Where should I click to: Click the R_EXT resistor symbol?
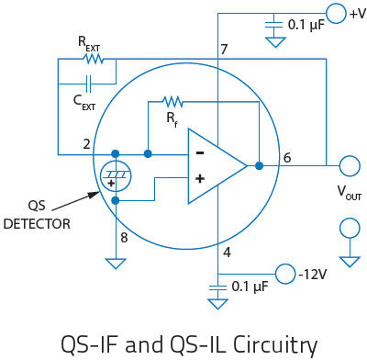pos(95,59)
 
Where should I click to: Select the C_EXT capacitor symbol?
pos(89,84)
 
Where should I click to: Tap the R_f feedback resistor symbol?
pos(172,102)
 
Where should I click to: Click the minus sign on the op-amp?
pos(200,152)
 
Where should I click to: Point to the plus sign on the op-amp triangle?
pos(200,178)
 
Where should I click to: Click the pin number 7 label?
pos(224,49)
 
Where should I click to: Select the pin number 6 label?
pos(287,158)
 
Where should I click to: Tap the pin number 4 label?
pos(227,253)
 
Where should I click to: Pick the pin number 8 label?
pos(124,238)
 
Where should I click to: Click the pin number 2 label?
pos(87,144)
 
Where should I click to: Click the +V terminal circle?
pos(337,13)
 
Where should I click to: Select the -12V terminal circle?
pos(285,274)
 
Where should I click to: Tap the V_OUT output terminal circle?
pos(350,165)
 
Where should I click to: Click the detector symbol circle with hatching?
pos(116,176)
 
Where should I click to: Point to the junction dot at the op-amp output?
pos(259,166)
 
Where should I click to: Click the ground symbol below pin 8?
pos(116,264)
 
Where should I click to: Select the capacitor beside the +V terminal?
pos(273,25)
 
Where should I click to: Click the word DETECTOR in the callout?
pos(37,224)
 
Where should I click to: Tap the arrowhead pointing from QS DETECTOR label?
pos(95,194)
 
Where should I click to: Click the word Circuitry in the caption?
pos(275,344)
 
